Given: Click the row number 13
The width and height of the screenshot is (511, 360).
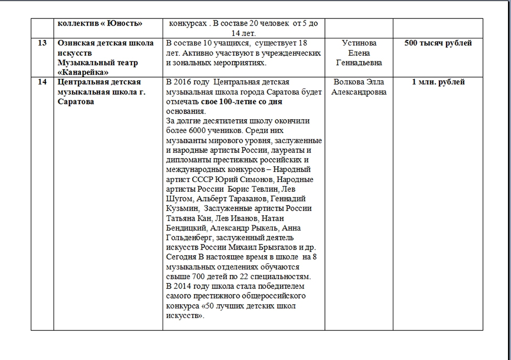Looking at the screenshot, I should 42,43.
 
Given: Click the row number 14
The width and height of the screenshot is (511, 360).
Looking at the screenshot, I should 42,82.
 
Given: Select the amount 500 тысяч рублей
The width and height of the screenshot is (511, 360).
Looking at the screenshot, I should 438,43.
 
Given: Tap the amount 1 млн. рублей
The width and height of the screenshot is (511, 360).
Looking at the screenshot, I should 438,82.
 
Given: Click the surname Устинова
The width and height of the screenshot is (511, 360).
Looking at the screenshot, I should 359,43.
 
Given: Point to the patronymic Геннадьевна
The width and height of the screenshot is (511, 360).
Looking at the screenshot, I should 359,62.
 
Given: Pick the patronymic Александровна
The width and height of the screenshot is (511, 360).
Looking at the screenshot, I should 359,92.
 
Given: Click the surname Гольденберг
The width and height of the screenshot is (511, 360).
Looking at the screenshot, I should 189,238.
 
